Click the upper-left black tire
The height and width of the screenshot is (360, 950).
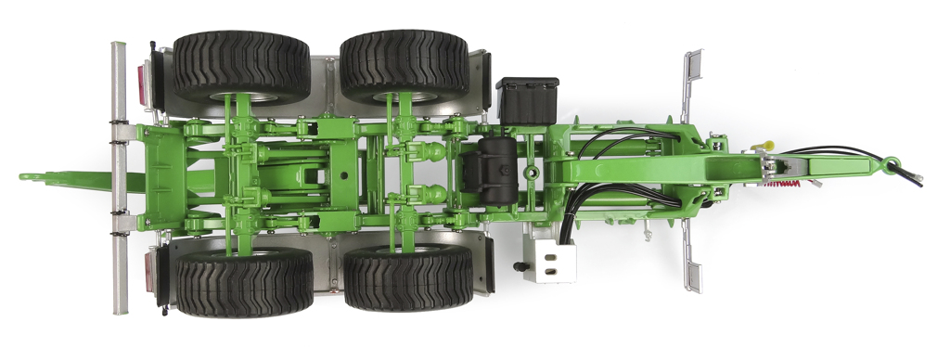tap(240, 66)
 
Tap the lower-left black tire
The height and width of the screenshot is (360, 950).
tap(244, 284)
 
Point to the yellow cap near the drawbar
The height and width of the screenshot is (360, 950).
tap(766, 146)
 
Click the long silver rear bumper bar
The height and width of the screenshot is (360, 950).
tap(120, 176)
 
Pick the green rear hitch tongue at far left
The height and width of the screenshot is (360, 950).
tap(56, 175)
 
